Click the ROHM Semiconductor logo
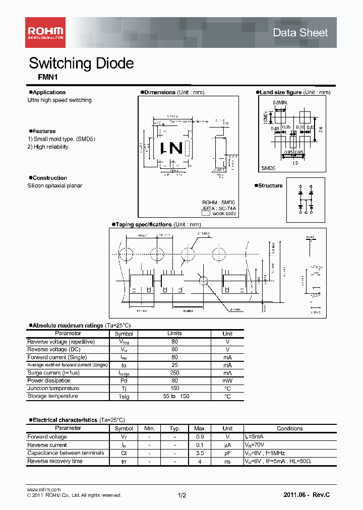45,33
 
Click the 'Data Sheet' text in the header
300,33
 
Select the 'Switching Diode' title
81,63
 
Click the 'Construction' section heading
49,178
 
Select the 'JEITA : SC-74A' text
219,208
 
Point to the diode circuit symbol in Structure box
306,200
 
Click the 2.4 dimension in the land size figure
321,130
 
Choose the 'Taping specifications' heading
144,224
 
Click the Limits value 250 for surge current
174,373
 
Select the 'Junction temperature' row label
53,389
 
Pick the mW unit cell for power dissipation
227,380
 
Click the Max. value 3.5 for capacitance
200,453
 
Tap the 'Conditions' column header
289,428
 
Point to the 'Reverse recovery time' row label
55,461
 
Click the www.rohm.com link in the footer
43,490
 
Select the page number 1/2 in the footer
181,496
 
